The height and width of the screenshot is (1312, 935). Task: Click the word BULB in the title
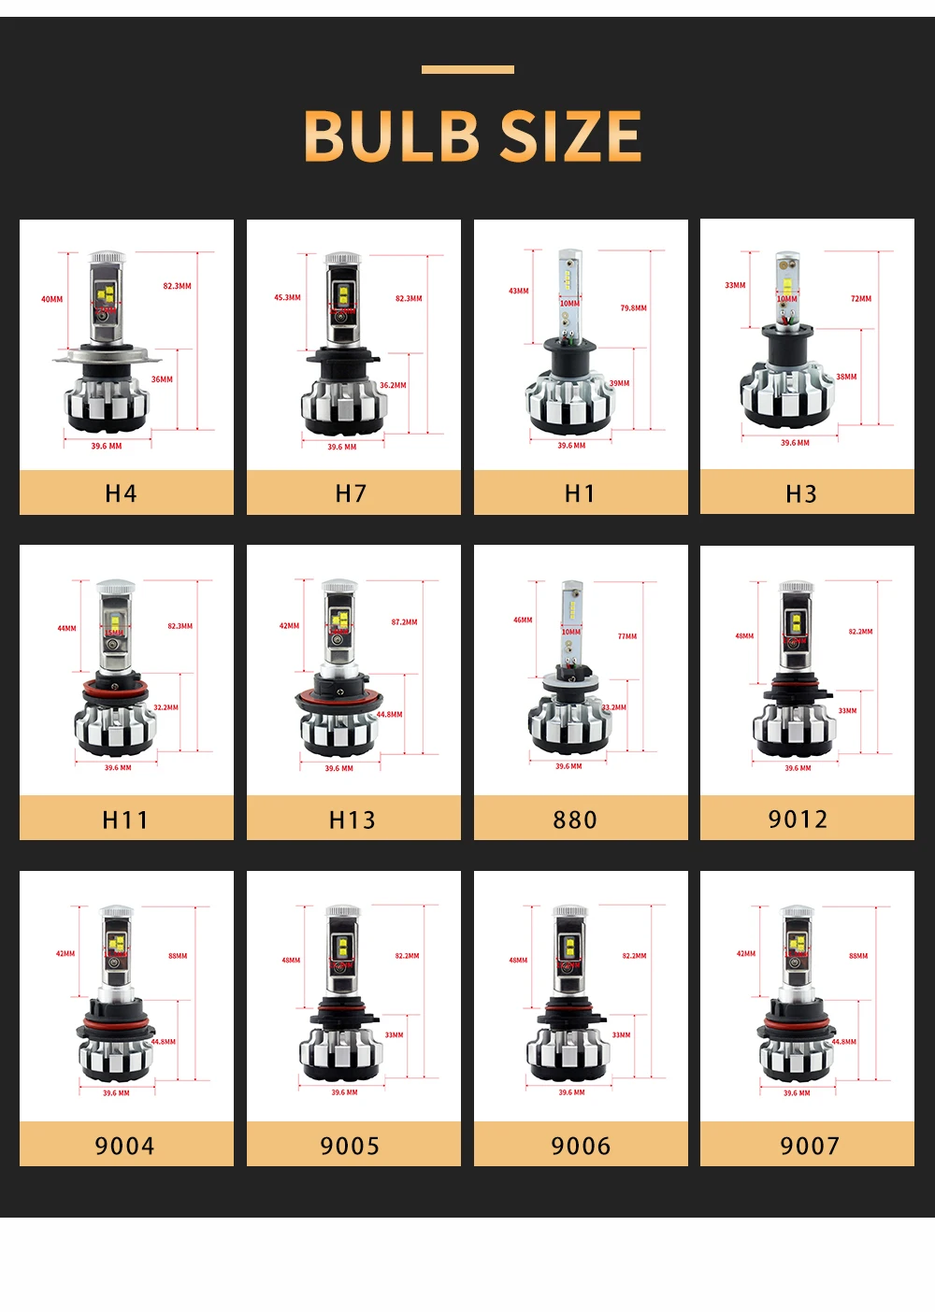coord(391,136)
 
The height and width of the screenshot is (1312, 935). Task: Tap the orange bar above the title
coord(467,69)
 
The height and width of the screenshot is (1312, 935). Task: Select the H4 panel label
coord(121,493)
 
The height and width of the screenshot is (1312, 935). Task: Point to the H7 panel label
coord(351,493)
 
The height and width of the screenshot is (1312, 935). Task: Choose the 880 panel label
coord(575,820)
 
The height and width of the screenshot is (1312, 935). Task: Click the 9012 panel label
coord(798,819)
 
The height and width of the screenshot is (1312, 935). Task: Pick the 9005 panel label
coord(350,1146)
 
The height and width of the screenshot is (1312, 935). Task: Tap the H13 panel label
coord(352,820)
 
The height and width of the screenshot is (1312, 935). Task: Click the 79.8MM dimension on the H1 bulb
coord(633,307)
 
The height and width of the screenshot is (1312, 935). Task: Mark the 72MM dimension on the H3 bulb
coord(861,299)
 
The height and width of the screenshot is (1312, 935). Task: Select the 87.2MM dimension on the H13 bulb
coord(404,621)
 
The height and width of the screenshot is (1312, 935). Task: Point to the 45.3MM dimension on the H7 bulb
coord(287,297)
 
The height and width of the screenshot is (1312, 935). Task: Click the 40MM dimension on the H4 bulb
coord(52,299)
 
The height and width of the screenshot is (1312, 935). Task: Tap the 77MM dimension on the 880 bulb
coord(627,636)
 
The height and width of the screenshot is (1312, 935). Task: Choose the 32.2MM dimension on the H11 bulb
coord(165,707)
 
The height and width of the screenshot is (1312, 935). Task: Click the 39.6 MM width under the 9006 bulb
coord(571,1092)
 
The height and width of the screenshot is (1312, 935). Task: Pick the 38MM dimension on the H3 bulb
coord(846,377)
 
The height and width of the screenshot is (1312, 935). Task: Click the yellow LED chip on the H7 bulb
coord(342,296)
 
